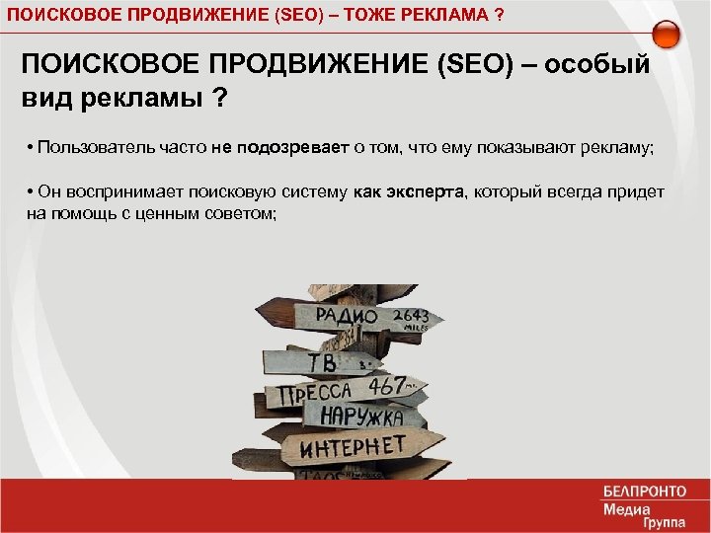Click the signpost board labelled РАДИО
pyautogui.click(x=346, y=317)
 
